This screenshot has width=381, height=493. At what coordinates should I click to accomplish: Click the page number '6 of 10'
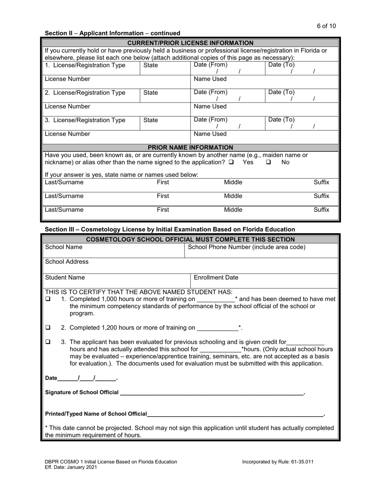(326, 26)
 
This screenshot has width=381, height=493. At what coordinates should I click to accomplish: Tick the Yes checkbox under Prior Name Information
(231, 162)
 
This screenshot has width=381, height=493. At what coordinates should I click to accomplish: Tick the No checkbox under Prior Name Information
(268, 162)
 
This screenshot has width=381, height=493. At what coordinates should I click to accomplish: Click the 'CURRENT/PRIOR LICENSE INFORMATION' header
(190, 43)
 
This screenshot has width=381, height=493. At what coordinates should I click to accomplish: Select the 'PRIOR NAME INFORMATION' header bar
(190, 147)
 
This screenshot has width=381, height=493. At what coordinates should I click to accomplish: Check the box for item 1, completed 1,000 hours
(48, 299)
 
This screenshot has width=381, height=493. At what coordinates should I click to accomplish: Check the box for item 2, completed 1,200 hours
(48, 327)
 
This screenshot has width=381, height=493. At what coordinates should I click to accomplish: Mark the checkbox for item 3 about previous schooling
(48, 342)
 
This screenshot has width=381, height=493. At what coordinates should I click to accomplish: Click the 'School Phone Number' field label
(246, 247)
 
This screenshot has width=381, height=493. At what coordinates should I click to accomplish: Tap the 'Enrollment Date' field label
(216, 277)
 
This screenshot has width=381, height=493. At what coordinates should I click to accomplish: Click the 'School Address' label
(67, 262)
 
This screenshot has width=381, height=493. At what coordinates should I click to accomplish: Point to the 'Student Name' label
(65, 277)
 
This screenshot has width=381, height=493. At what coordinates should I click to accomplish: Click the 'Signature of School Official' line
(211, 392)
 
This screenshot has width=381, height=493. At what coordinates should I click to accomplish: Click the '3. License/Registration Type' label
(85, 120)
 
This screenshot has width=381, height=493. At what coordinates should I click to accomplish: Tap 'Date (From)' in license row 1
(211, 65)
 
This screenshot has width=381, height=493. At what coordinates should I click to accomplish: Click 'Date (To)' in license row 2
(281, 92)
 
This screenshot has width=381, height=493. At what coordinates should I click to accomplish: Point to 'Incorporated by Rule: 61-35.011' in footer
(278, 462)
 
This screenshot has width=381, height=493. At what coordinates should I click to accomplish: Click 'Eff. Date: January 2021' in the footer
(70, 467)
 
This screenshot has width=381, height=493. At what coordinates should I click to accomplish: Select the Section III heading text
(170, 229)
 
